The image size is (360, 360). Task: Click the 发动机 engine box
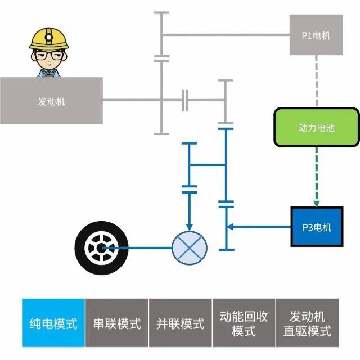pyautogui.click(x=51, y=101)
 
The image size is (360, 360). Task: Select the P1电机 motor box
pyautogui.click(x=316, y=35)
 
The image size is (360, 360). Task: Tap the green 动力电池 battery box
pyautogui.click(x=316, y=128)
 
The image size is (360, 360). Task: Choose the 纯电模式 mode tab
pyautogui.click(x=53, y=323)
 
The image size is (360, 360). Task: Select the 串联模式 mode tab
pyautogui.click(x=117, y=323)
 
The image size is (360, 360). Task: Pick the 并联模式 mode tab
pyautogui.click(x=181, y=323)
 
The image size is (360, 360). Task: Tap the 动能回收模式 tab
pyautogui.click(x=244, y=323)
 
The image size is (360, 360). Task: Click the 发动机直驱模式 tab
pyautogui.click(x=308, y=323)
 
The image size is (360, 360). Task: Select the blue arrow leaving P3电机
pyautogui.click(x=259, y=227)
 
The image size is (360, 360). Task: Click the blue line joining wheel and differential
pyautogui.click(x=141, y=247)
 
